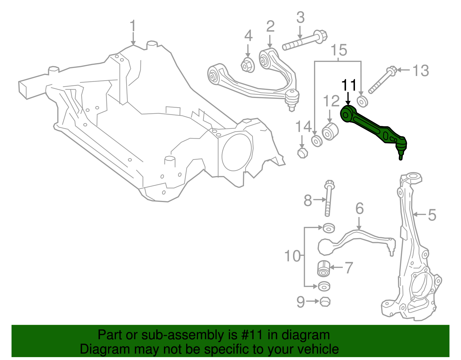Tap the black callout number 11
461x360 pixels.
tap(349, 85)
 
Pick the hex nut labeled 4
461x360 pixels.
tap(247, 66)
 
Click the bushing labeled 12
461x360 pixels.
tap(330, 131)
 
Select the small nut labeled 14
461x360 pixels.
tap(302, 152)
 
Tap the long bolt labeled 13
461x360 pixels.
tap(382, 80)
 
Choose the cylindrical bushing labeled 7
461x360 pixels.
tap(323, 268)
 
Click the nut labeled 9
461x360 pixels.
tap(325, 302)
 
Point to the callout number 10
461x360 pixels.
tap(292, 256)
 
